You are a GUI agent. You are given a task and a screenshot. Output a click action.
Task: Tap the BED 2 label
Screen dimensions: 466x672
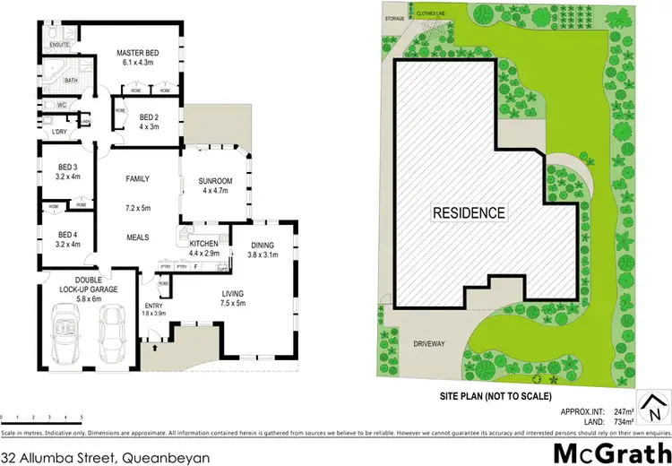click(x=149, y=117)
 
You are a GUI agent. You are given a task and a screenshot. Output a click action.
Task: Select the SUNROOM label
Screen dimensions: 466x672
click(x=215, y=182)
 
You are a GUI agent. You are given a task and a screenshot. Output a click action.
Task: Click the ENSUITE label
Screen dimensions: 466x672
click(x=60, y=44)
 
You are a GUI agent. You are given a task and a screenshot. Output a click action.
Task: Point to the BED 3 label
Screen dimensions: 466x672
click(x=69, y=168)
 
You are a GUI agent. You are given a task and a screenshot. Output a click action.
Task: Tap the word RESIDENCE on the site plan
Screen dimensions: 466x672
click(x=470, y=213)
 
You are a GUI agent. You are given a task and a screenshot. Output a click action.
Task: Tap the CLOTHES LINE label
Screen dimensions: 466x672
click(x=438, y=14)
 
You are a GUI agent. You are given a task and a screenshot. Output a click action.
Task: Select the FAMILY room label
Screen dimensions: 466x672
click(x=137, y=178)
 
